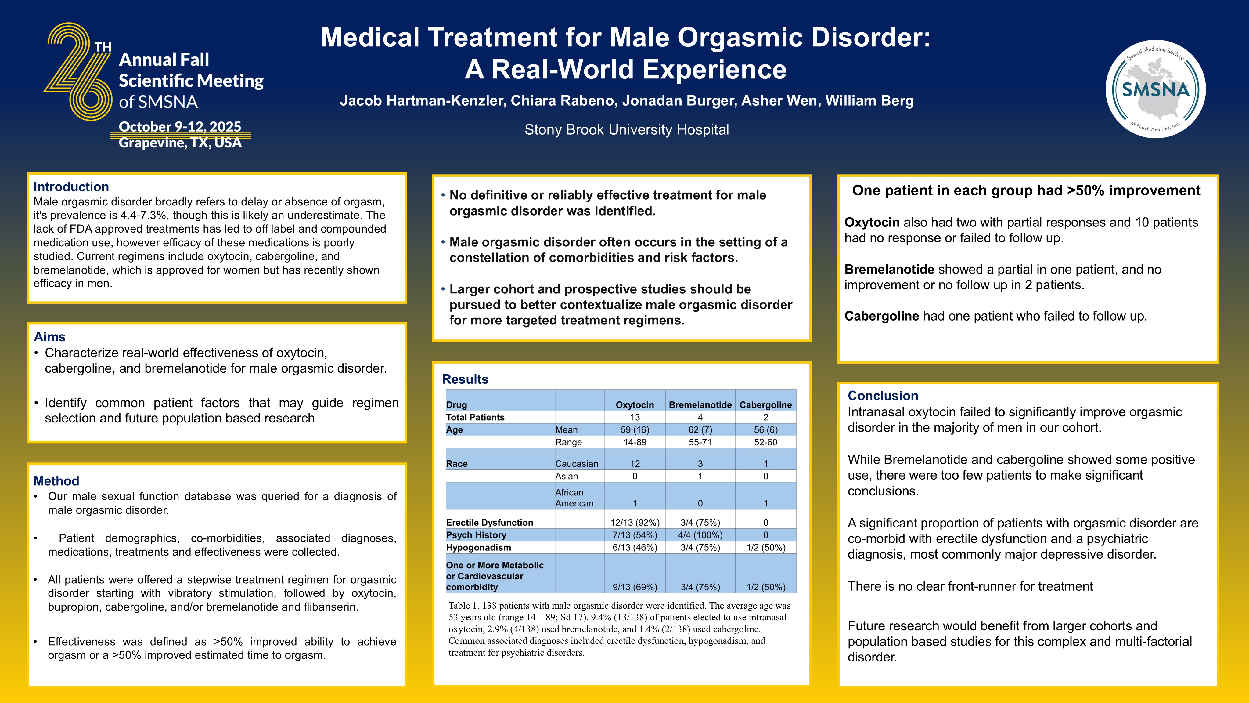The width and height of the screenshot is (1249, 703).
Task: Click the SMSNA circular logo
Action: [x=1156, y=89]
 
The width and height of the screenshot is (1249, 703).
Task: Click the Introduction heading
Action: [x=71, y=187]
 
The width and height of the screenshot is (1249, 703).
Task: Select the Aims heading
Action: [x=49, y=337]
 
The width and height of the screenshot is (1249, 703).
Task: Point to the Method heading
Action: [x=56, y=481]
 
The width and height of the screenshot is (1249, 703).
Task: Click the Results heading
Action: [x=465, y=379]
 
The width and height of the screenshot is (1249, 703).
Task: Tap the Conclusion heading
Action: [x=882, y=395]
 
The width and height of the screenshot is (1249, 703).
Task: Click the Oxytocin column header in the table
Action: [x=634, y=405]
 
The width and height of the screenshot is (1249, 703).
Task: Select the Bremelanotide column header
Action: [x=700, y=405]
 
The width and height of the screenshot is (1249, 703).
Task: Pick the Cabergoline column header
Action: [x=765, y=405]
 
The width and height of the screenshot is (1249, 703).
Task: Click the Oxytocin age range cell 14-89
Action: [x=634, y=442]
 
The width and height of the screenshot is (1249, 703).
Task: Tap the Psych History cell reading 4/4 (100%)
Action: [x=700, y=534]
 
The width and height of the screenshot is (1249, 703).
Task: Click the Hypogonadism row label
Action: [x=478, y=547]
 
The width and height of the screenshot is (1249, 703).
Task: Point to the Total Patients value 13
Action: [x=634, y=417]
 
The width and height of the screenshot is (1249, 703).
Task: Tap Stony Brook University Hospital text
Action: [x=626, y=129]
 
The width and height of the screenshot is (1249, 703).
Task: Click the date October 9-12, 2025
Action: [x=180, y=127]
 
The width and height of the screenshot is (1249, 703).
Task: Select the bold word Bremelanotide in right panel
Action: [x=889, y=269]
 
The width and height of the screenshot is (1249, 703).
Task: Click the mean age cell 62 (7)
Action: [x=700, y=429]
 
